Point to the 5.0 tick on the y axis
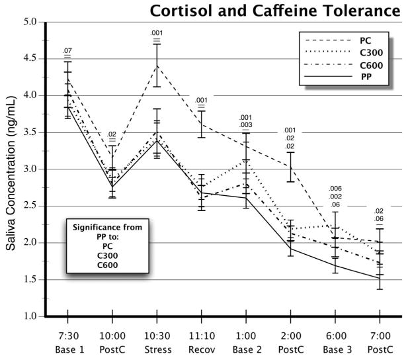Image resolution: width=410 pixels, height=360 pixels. coord(30,22)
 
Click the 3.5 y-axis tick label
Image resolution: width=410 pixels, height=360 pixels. coord(30,132)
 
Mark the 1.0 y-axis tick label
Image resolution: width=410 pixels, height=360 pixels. coord(30,316)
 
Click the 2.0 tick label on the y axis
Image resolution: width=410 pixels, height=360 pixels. coord(30,243)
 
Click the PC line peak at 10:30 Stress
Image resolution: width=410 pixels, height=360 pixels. coord(157,65)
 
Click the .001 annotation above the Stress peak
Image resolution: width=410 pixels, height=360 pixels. coord(157,33)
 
